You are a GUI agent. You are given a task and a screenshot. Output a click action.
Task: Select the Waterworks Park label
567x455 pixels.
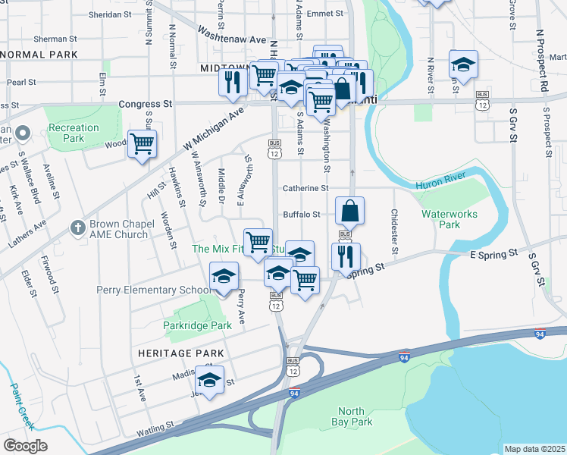pos(450,219)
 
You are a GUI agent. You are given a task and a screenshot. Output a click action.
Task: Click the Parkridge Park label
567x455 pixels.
pos(197,325)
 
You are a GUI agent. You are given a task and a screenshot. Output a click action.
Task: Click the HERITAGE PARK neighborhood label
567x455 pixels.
pos(181,353)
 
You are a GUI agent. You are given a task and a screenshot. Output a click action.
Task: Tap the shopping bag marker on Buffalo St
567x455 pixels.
pos(349,212)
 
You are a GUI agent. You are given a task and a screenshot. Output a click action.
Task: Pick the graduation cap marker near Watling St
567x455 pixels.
pos(211,379)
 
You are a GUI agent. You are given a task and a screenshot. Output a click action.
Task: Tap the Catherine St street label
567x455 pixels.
pos(305,188)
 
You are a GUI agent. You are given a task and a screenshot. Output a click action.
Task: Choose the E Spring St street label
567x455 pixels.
pos(493,253)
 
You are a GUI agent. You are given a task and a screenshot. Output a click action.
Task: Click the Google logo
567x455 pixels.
pos(25,446)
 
